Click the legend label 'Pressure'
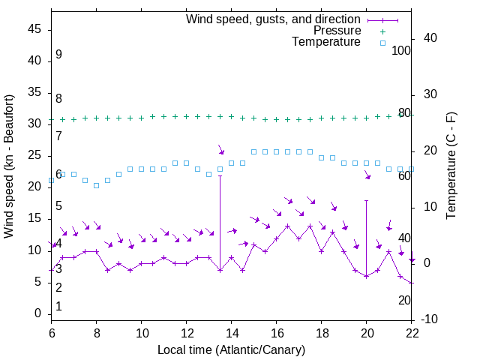(337, 31)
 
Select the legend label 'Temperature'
(326, 42)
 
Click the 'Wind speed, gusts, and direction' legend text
(274, 19)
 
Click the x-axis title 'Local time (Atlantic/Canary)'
(231, 349)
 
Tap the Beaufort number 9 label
(58, 55)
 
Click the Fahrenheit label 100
(402, 50)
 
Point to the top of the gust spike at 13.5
(220, 175)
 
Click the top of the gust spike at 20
(366, 200)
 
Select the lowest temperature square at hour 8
(96, 185)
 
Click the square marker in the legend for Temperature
(382, 43)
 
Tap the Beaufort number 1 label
(58, 307)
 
